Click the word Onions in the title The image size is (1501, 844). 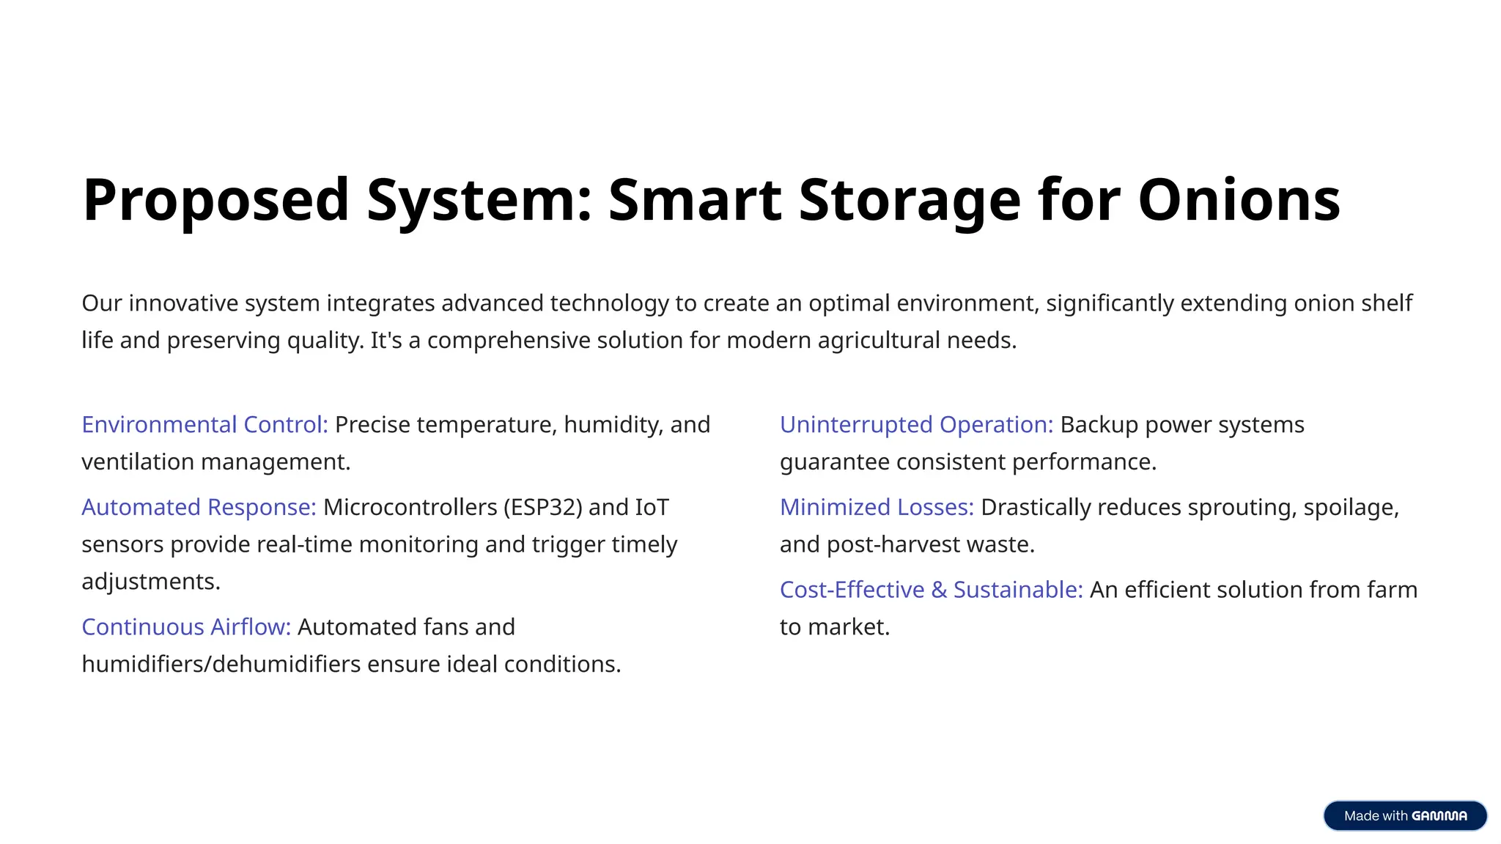(x=1239, y=199)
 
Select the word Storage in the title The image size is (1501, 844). (x=909, y=199)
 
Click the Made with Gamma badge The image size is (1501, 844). (x=1405, y=815)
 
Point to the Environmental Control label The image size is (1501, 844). (x=204, y=425)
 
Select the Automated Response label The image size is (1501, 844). (x=199, y=507)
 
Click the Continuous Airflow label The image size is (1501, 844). (x=186, y=627)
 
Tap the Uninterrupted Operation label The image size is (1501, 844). (x=916, y=425)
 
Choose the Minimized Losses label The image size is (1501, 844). (x=877, y=507)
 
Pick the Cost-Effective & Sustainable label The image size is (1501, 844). (x=931, y=590)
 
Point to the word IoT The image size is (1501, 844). (x=652, y=507)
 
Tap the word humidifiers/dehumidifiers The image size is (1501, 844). (x=221, y=665)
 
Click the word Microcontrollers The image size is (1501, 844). (x=410, y=507)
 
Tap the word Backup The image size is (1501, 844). (x=1099, y=425)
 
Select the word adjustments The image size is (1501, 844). (x=151, y=582)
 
